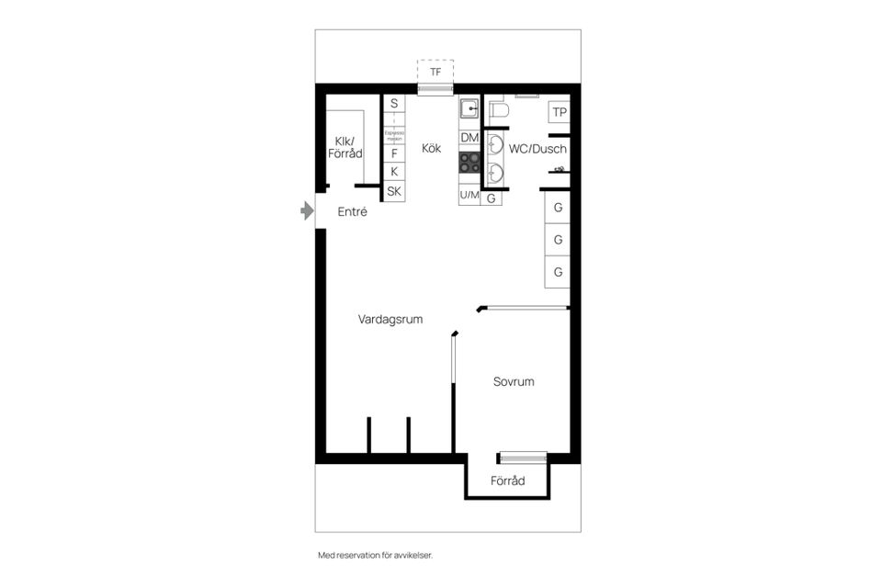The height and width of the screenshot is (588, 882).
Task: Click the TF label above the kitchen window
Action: click(x=435, y=72)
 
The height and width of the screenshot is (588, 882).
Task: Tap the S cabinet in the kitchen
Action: click(x=394, y=104)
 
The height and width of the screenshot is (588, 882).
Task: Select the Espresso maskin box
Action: click(x=394, y=134)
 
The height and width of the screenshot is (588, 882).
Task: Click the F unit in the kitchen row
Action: click(x=394, y=153)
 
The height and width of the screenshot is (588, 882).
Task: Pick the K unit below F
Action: click(x=394, y=172)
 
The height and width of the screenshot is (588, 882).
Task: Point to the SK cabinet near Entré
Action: click(x=394, y=192)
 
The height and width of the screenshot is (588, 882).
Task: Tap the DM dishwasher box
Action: click(x=469, y=138)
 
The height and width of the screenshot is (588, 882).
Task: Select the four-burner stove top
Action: click(x=469, y=163)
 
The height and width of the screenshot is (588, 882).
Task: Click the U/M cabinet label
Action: click(x=469, y=196)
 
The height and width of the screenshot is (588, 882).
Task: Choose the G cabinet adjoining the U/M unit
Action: click(x=492, y=198)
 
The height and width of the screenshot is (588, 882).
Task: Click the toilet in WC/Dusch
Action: click(x=499, y=110)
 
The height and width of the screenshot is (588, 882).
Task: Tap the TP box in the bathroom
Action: click(x=559, y=113)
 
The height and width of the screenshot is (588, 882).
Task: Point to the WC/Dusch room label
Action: click(x=537, y=149)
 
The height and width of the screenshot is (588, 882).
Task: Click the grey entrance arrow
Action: click(x=307, y=211)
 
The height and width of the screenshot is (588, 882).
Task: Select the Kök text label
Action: click(x=432, y=148)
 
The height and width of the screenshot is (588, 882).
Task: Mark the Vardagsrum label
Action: click(x=390, y=320)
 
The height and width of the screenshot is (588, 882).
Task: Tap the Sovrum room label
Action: click(x=514, y=381)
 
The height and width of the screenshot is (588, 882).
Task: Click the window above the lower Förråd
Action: click(x=522, y=458)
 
